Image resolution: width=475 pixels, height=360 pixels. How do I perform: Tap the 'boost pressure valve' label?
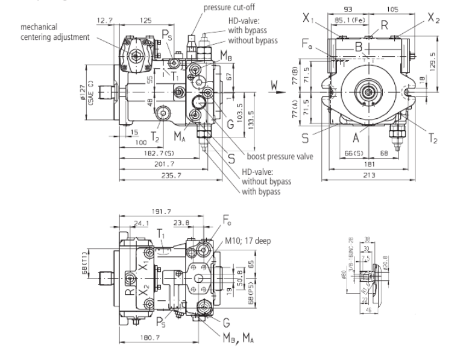[277, 157]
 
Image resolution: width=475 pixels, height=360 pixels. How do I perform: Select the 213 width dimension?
[368, 175]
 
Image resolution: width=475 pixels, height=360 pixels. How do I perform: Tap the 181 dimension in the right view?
[367, 164]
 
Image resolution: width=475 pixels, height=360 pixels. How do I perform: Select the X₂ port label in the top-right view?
[433, 19]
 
